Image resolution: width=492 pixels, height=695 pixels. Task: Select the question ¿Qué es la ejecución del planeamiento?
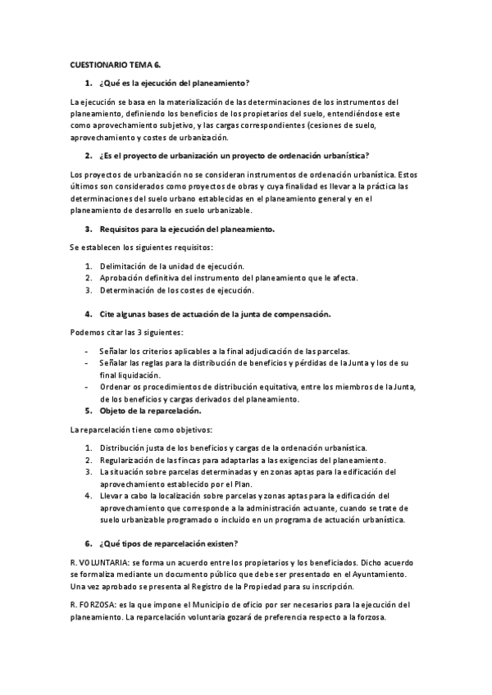coord(174,84)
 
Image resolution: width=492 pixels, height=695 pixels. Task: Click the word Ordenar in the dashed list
coord(116,387)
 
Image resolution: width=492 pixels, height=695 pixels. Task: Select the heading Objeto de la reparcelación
coord(150,411)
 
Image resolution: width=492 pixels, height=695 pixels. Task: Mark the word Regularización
coord(130,460)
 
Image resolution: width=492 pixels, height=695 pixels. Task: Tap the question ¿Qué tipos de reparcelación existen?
coord(168,543)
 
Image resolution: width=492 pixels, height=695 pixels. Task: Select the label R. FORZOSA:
coord(93,605)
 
